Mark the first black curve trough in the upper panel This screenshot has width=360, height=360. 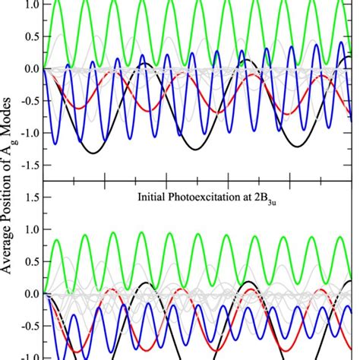tap(93, 153)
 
